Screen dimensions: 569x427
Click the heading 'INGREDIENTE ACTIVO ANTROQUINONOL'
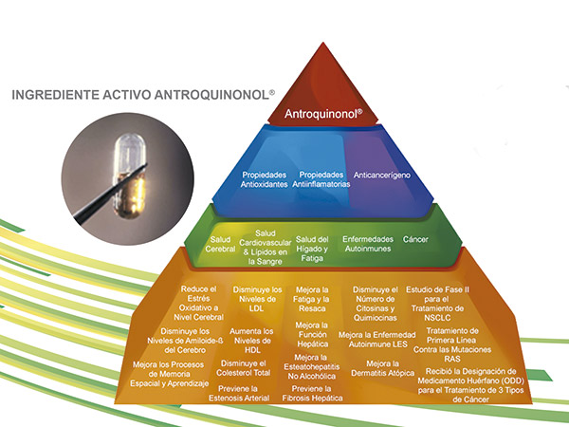pyautogui.click(x=143, y=95)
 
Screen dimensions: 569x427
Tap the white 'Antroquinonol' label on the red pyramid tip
pyautogui.click(x=323, y=114)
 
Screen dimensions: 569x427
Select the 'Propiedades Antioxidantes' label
pyautogui.click(x=265, y=179)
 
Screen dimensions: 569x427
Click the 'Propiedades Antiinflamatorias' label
pyautogui.click(x=321, y=179)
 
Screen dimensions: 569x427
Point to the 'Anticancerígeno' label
pyautogui.click(x=382, y=175)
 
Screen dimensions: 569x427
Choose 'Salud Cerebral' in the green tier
pyautogui.click(x=220, y=245)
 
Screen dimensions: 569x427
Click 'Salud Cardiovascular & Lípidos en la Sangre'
pyautogui.click(x=266, y=248)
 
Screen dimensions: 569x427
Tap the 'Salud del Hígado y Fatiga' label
pyautogui.click(x=312, y=249)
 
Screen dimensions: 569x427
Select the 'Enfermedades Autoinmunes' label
pyautogui.click(x=368, y=244)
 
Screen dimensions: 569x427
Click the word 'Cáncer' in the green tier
pyautogui.click(x=415, y=239)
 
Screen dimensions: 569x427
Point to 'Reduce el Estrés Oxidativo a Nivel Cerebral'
pyautogui.click(x=198, y=304)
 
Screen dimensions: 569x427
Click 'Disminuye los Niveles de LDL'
pyautogui.click(x=257, y=299)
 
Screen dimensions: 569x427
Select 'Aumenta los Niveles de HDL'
pyautogui.click(x=251, y=341)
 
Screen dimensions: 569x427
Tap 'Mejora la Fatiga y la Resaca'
pyautogui.click(x=312, y=299)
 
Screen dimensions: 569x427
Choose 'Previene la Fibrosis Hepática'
pyautogui.click(x=312, y=394)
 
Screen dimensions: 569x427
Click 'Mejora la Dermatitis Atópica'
pyautogui.click(x=382, y=368)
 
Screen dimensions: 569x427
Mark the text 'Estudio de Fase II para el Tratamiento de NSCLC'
pyautogui.click(x=437, y=304)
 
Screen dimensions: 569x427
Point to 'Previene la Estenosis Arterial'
pyautogui.click(x=239, y=394)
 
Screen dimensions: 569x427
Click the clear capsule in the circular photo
pyautogui.click(x=130, y=176)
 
